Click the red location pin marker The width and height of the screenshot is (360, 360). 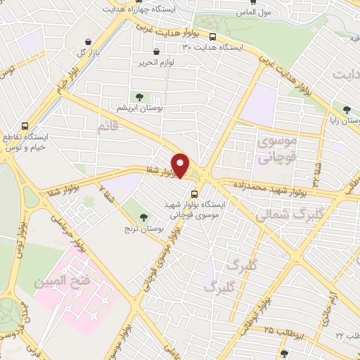coord(181,165)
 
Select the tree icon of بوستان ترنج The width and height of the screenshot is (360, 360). coord(144,217)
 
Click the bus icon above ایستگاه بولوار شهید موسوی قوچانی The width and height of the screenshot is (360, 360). coord(194,193)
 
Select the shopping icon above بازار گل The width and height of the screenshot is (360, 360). coord(87,41)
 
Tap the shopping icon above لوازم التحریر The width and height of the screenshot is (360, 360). coord(155,51)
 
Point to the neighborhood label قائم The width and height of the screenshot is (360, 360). coord(107,128)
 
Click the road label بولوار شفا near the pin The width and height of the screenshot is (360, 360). coord(158,172)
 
